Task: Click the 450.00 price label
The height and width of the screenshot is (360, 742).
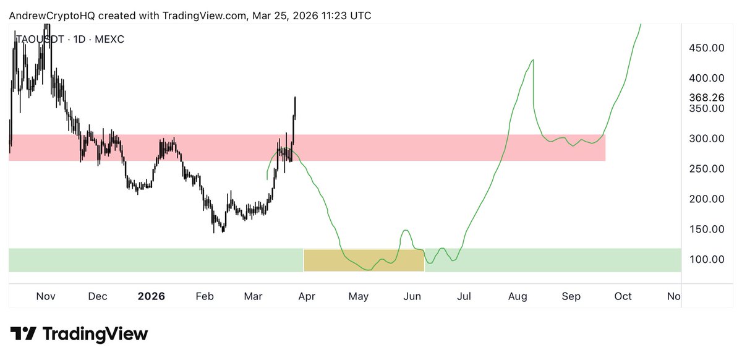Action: click(707, 48)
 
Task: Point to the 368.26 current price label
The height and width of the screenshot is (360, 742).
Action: click(707, 97)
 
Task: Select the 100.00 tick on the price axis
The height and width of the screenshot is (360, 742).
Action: click(707, 259)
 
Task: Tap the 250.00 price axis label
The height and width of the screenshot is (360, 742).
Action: click(707, 169)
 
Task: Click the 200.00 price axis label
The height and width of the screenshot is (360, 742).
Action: click(707, 199)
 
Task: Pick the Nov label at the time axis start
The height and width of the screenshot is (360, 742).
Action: click(46, 296)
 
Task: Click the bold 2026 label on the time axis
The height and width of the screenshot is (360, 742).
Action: click(151, 296)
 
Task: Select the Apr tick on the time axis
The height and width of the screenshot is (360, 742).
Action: click(307, 296)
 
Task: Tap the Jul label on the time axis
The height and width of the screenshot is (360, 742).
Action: click(464, 296)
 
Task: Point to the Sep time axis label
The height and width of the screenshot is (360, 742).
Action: click(571, 296)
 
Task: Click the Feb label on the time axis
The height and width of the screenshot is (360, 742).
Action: click(205, 296)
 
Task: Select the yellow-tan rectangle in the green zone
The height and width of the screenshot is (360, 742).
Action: click(364, 260)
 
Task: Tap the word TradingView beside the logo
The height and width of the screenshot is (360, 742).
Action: click(95, 334)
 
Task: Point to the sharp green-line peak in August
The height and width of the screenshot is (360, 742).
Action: click(533, 60)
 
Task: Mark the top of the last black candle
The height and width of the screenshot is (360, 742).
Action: click(296, 97)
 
